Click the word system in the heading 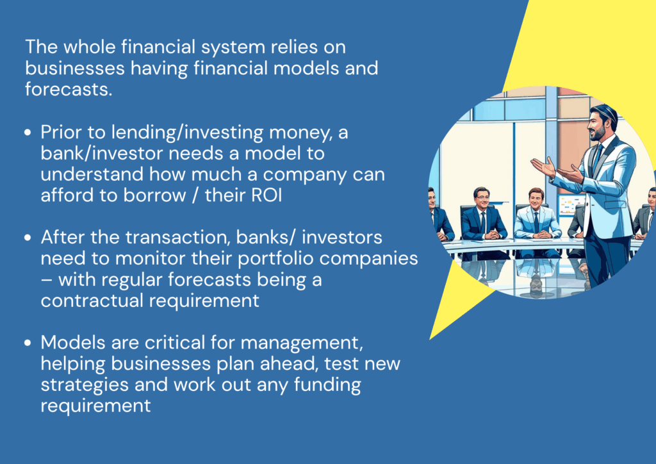point(233,47)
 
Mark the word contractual point(92,301)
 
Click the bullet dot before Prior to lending point(28,133)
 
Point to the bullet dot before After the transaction point(28,238)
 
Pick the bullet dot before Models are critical point(28,343)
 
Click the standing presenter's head point(602,122)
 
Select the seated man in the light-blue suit point(536,222)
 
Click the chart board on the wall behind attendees point(571,206)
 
